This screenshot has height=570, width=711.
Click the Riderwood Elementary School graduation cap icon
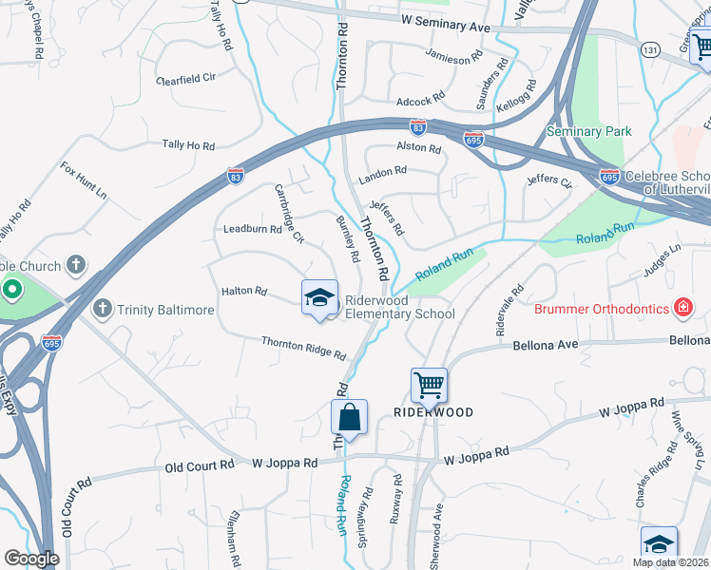point(320,297)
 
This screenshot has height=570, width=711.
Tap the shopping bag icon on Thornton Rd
point(349,417)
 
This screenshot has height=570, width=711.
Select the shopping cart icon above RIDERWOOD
point(429,386)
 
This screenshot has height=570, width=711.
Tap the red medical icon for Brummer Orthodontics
point(682,307)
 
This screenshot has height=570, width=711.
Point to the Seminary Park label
point(588,130)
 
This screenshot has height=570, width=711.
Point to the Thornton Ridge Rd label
point(303,348)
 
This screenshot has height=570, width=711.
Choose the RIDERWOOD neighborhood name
point(433,413)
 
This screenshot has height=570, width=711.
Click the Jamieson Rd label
point(461,59)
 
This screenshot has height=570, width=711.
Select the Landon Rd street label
point(382,175)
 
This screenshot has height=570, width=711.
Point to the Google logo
point(31,559)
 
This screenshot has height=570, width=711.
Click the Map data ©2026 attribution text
point(671,562)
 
